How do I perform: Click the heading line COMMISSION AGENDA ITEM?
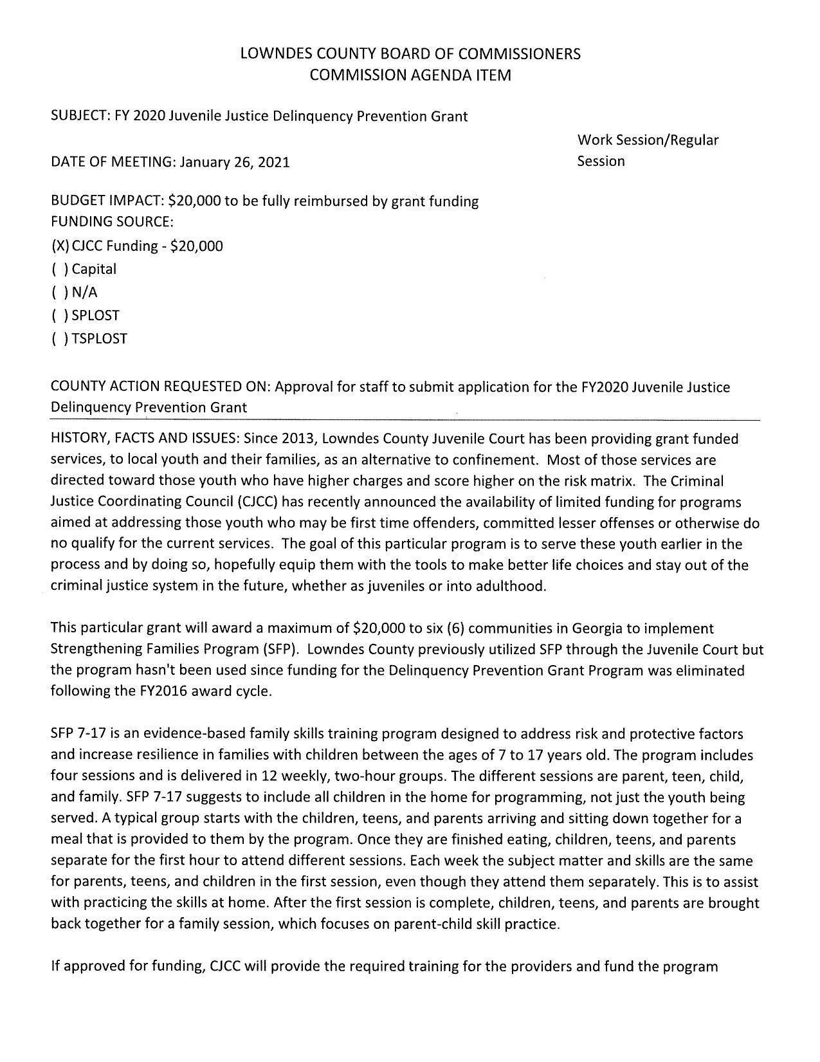[410, 75]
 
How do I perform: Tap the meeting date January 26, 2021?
[235, 162]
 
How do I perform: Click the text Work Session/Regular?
[648, 140]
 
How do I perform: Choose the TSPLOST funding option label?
[100, 339]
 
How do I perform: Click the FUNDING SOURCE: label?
[113, 223]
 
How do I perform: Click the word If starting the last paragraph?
[57, 966]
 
